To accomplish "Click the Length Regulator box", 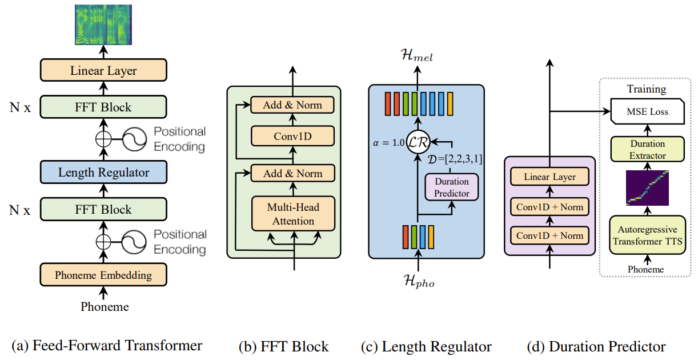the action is click(103, 172).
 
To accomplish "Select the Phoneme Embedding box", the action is click(103, 275).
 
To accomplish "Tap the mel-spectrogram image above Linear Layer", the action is click(103, 25).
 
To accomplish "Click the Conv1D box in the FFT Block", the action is click(292, 136).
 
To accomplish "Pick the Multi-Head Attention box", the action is click(293, 214).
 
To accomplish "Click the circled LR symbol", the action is click(418, 142).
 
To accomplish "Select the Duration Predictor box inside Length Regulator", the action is click(451, 187).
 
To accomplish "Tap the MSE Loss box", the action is click(647, 111).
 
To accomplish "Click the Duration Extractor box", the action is click(648, 149).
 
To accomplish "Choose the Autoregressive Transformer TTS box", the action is click(648, 235).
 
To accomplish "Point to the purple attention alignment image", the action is click(647, 188).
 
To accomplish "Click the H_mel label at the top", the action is click(417, 55).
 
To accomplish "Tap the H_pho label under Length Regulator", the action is click(419, 281).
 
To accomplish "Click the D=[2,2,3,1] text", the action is click(455, 159).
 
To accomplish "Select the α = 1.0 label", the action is click(388, 143).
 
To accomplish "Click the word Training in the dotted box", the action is click(647, 89).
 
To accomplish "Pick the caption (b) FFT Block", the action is click(283, 347).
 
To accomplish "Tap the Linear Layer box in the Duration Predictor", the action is click(549, 177).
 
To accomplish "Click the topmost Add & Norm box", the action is click(292, 105).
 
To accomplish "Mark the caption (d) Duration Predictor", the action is click(596, 347).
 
